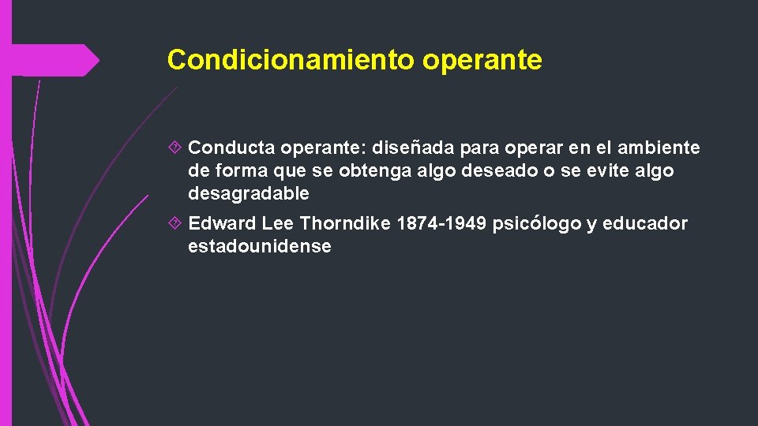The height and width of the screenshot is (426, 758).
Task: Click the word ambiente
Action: coord(659,148)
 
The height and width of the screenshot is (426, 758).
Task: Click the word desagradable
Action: coord(249,193)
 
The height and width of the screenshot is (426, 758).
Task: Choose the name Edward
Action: coord(222,224)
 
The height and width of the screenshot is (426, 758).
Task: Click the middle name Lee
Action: coord(278,224)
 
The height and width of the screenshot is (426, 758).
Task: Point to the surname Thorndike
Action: coord(345,224)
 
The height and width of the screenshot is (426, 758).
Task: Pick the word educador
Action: coord(646,224)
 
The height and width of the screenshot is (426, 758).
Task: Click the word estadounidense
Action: coord(259,246)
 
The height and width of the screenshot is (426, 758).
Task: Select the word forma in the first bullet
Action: coord(238,171)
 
